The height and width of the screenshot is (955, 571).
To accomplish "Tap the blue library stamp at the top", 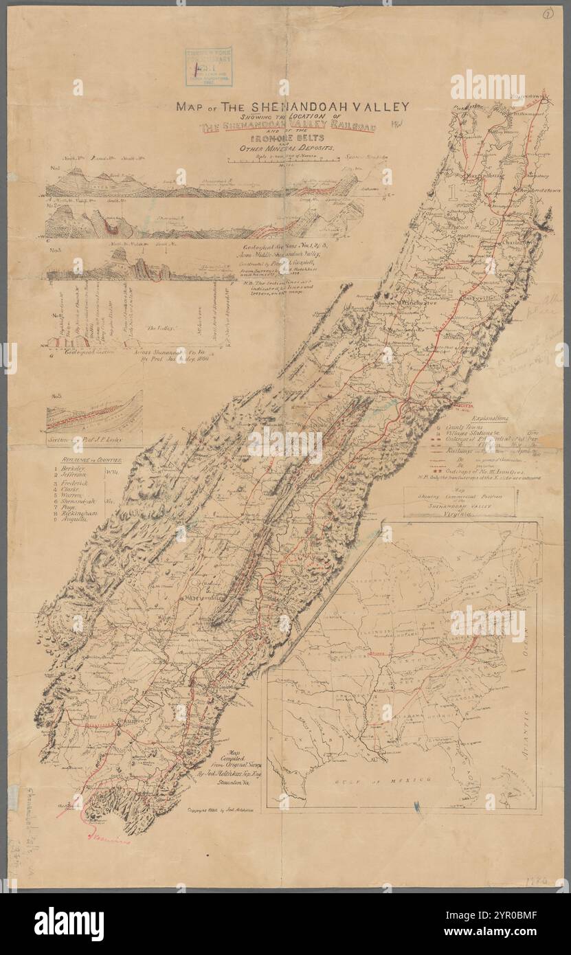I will (x=212, y=67).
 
